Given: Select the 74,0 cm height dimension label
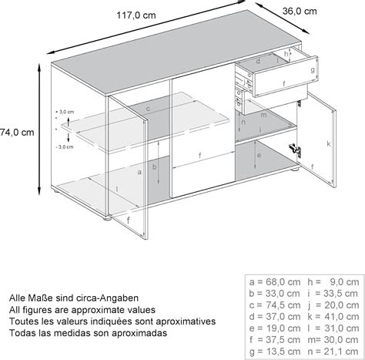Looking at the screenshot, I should [x=17, y=133].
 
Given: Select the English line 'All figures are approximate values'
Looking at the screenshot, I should [x=88, y=308].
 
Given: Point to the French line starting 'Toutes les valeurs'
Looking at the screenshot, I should [x=112, y=321].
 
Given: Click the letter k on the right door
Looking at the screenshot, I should [x=329, y=144].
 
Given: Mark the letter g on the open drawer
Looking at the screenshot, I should [x=314, y=71].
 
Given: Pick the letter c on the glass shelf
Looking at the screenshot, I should [x=146, y=109].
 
